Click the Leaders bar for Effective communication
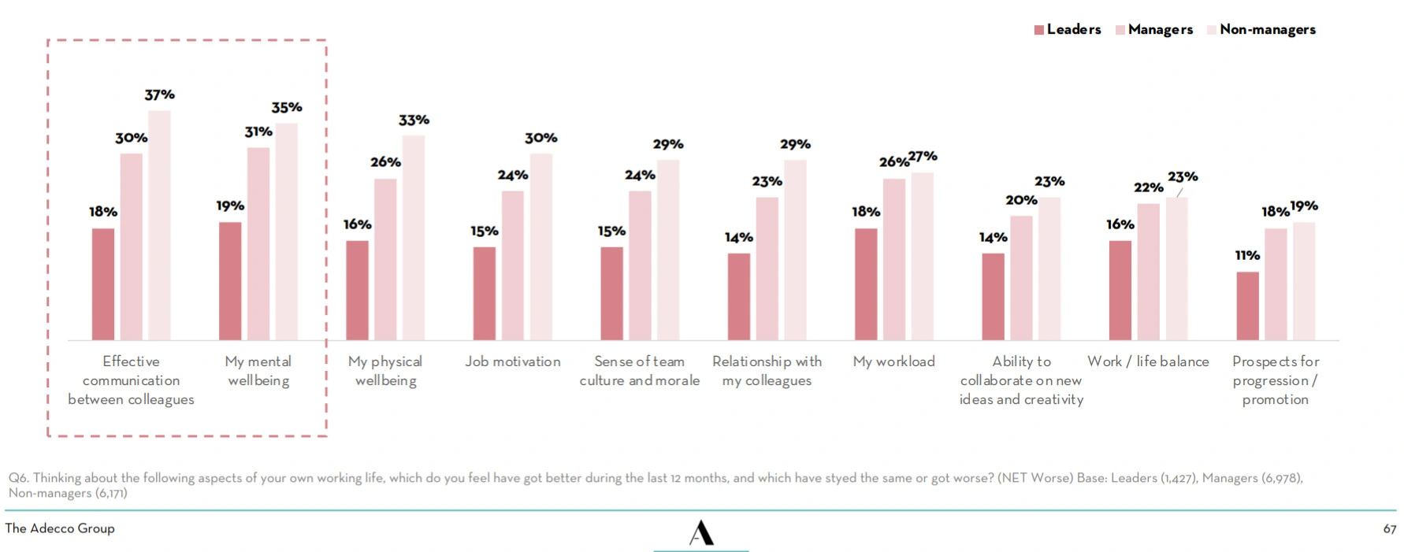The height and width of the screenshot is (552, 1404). [x=103, y=284]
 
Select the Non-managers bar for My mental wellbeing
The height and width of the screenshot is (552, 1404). [x=287, y=232]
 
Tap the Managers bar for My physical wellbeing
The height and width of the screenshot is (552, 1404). [x=385, y=259]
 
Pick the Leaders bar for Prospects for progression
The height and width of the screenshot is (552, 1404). [x=1247, y=306]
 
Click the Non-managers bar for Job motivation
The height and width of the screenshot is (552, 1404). [x=541, y=246]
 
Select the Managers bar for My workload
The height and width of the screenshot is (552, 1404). [x=894, y=259]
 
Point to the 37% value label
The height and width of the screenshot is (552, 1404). [x=160, y=94]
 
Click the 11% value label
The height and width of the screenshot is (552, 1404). [x=1247, y=255]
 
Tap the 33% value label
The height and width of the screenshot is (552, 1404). [x=414, y=120]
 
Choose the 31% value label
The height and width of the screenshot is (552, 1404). [x=258, y=132]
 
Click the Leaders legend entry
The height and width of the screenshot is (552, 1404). [x=1068, y=29]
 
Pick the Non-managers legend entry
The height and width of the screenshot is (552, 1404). [x=1261, y=29]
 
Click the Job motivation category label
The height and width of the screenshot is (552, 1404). [x=513, y=361]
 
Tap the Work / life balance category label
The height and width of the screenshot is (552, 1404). [x=1148, y=361]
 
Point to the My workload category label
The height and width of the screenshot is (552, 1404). [x=894, y=361]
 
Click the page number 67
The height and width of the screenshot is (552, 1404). [x=1390, y=529]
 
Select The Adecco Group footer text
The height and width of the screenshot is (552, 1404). [x=60, y=528]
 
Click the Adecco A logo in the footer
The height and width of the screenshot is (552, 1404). [x=701, y=533]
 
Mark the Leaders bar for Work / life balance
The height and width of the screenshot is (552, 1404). [x=1120, y=291]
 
